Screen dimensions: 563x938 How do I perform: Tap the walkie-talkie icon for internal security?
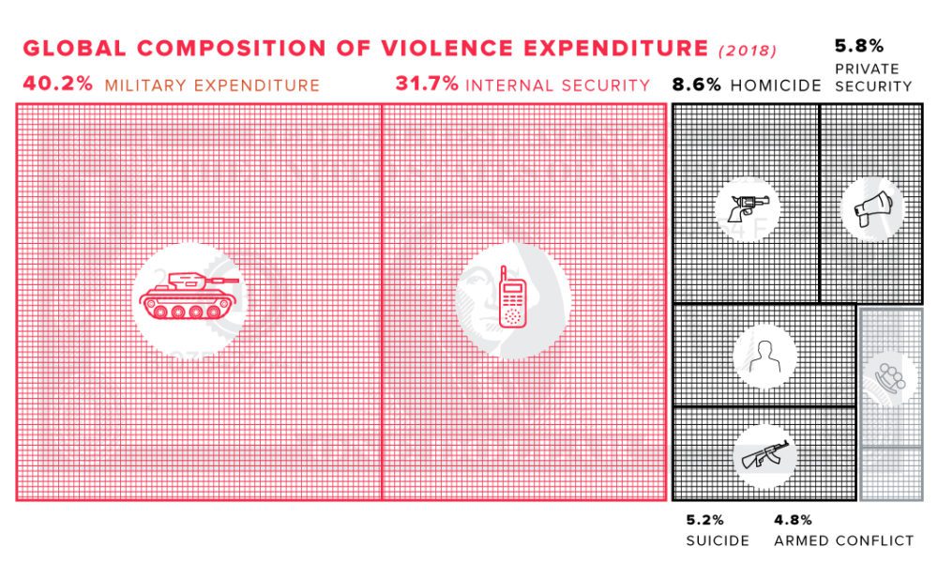[512, 298]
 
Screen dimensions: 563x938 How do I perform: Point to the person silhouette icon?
[765, 355]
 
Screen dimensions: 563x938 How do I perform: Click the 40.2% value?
[57, 84]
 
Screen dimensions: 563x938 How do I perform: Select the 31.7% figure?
[427, 84]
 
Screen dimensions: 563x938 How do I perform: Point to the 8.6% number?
[696, 84]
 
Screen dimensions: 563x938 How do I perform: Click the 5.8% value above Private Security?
[858, 45]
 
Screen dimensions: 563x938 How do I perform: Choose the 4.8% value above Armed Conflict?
[793, 520]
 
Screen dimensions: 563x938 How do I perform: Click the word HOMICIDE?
[776, 84]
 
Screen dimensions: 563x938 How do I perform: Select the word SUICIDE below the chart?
[718, 540]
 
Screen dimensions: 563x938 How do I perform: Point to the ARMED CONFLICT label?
[843, 540]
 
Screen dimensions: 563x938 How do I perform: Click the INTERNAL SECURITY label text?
[557, 84]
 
